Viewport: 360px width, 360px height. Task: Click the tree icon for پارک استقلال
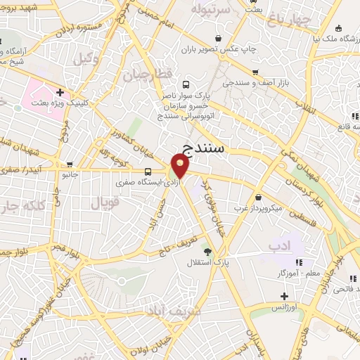click(x=207, y=251)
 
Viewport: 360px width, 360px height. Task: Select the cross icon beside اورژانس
click(x=283, y=296)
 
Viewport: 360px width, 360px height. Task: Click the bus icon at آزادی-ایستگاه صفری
click(x=148, y=172)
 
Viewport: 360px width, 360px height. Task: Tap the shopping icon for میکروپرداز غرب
click(x=259, y=198)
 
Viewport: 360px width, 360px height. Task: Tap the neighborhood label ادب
click(x=279, y=245)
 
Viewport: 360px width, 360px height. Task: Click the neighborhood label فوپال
click(x=106, y=204)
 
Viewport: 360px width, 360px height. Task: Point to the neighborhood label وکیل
click(x=86, y=59)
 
